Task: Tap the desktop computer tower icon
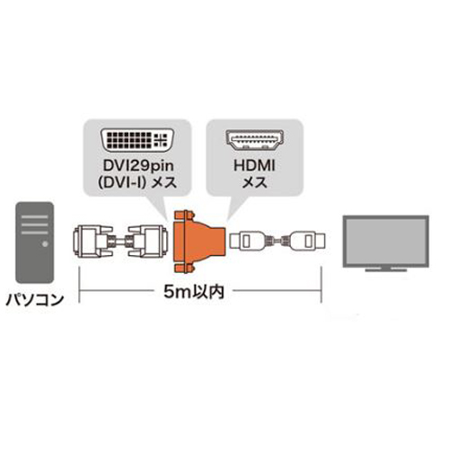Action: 35,242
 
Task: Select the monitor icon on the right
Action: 386,243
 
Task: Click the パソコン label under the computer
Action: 35,300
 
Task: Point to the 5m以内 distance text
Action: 194,291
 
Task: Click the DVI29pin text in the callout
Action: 138,166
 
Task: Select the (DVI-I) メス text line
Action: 137,182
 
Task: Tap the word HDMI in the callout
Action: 254,166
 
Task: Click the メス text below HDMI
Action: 254,182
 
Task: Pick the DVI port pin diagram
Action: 137,140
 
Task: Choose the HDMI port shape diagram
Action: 254,140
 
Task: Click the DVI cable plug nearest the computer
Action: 92,242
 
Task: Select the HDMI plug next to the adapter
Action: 247,241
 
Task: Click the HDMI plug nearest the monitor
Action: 308,241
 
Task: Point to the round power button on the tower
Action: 45,244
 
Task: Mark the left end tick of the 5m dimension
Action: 79,285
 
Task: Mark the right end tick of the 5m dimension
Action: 321,285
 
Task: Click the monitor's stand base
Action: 386,269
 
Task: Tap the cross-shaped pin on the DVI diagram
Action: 161,140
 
